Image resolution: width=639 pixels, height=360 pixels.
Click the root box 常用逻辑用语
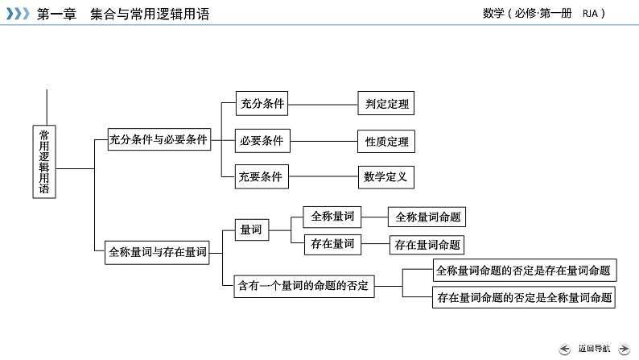(45, 161)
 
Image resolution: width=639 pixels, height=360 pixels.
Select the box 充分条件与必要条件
(159, 139)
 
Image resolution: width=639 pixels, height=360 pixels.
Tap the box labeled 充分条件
(262, 103)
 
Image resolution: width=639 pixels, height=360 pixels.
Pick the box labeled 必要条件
(262, 141)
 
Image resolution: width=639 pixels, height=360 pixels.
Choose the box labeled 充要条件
(262, 176)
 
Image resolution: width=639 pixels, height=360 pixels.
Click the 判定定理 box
(386, 104)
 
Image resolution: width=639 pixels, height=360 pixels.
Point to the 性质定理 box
(386, 142)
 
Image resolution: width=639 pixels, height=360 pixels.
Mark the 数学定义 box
(386, 176)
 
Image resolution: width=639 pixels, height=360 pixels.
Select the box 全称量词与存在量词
(158, 252)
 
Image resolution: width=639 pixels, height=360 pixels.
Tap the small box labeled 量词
(250, 230)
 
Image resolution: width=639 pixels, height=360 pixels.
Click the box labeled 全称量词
(332, 216)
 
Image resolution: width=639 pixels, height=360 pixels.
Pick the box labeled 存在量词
(332, 243)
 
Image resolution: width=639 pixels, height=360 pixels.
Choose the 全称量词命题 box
(427, 217)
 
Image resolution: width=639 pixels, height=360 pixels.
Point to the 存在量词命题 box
(427, 245)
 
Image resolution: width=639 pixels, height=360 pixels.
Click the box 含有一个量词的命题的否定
(304, 285)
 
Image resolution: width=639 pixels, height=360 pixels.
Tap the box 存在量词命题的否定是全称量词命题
(523, 297)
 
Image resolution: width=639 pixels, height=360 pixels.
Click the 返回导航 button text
(594, 348)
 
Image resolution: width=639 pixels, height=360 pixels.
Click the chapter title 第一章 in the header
(55, 14)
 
